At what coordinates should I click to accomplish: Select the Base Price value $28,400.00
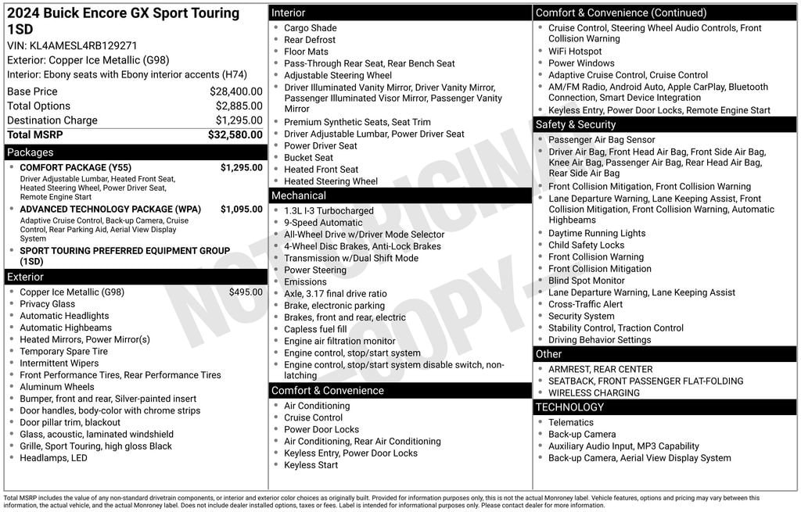[x=236, y=91]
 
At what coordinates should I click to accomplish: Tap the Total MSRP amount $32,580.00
[x=235, y=134]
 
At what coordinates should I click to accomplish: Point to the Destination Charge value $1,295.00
[x=239, y=120]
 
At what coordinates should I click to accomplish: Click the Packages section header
[x=31, y=152]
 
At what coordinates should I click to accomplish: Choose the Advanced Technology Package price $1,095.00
[x=241, y=209]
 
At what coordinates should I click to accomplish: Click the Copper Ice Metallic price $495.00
[x=246, y=292]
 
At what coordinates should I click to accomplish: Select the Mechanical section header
[x=299, y=195]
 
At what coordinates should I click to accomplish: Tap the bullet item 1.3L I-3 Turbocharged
[x=329, y=211]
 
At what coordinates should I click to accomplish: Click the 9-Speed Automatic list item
[x=323, y=223]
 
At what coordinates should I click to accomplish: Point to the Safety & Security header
[x=576, y=124]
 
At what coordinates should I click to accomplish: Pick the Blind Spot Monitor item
[x=586, y=281]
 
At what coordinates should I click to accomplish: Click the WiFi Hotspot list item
[x=575, y=52]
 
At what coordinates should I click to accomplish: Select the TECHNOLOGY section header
[x=569, y=407]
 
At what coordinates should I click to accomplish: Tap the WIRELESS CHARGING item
[x=594, y=393]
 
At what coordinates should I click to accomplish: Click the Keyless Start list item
[x=311, y=465]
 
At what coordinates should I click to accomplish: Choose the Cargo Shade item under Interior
[x=310, y=28]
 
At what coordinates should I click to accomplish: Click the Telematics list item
[x=571, y=423]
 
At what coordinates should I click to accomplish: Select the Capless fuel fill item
[x=315, y=329]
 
